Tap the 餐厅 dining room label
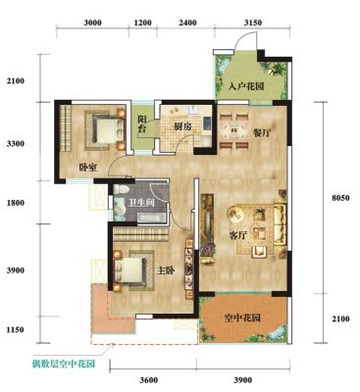262,133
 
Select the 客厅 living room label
238,235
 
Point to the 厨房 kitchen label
183,127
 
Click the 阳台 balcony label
141,123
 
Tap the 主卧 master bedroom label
166,270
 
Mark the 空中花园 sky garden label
242,318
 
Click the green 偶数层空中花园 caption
64,364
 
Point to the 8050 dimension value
340,198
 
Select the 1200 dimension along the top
143,23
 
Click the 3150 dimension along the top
253,23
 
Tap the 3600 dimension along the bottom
149,380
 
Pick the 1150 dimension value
16,329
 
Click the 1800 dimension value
16,203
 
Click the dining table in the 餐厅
233,130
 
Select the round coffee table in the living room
234,214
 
